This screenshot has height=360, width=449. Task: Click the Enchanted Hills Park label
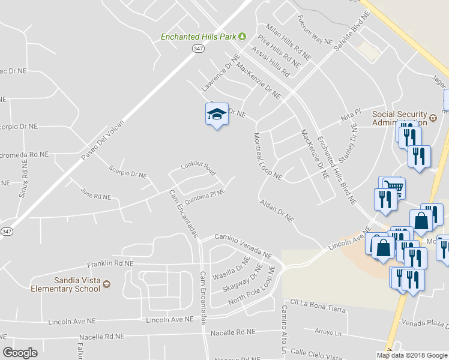tap(198, 37)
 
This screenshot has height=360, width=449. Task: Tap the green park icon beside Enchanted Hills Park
tap(243, 37)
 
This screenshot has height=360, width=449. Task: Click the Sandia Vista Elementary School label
tap(65, 284)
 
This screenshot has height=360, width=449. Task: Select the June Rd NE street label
tap(95, 196)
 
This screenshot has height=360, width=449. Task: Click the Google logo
tap(20, 352)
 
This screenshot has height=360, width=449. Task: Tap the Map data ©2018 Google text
tap(411, 355)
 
